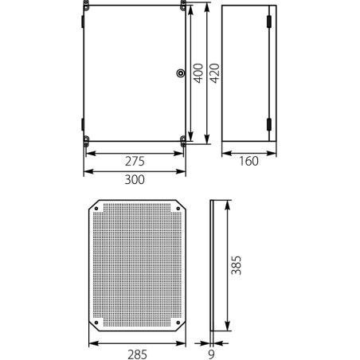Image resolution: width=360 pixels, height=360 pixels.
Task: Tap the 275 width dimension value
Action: [135, 161]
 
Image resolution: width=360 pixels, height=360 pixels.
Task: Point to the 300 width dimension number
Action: [135, 180]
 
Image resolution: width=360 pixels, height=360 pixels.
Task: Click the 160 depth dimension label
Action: [249, 162]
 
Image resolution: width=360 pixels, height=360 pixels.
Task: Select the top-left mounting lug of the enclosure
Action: [87, 7]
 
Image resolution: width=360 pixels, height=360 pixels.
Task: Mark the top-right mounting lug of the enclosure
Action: [184, 7]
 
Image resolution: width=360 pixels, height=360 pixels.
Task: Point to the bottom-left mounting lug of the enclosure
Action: [87, 143]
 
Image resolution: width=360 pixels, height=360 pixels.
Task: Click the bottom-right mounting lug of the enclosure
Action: [184, 143]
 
